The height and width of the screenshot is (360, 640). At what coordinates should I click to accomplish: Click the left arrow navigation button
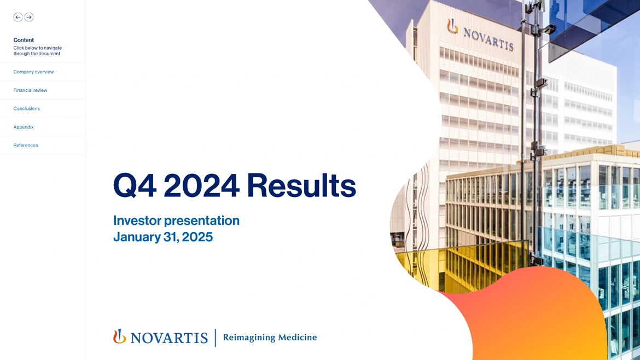(18, 17)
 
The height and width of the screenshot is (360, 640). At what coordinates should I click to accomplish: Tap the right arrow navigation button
(28, 17)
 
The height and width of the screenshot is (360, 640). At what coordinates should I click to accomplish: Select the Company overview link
(33, 72)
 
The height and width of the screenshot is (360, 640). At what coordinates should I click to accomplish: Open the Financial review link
(30, 90)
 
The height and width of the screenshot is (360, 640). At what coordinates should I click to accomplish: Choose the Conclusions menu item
(27, 108)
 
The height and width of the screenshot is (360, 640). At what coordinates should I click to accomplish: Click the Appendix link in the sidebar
(24, 127)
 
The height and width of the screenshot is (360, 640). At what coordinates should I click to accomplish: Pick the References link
(25, 146)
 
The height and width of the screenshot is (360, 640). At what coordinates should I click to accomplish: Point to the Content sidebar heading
(24, 40)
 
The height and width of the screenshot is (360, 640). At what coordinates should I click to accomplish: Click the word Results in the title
(301, 185)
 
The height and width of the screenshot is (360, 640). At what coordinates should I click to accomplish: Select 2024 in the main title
(202, 185)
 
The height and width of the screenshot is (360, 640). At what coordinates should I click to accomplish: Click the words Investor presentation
(176, 220)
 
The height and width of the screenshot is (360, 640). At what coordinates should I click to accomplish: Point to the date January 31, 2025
(163, 237)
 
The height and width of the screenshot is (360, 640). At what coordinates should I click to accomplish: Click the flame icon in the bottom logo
(119, 336)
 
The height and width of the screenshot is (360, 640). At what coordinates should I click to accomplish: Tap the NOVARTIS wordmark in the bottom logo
(169, 338)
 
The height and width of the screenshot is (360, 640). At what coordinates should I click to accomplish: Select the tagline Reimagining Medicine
(270, 338)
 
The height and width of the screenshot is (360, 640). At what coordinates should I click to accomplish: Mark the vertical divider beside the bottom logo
(216, 338)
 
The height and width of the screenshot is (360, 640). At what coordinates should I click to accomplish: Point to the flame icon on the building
(452, 26)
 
